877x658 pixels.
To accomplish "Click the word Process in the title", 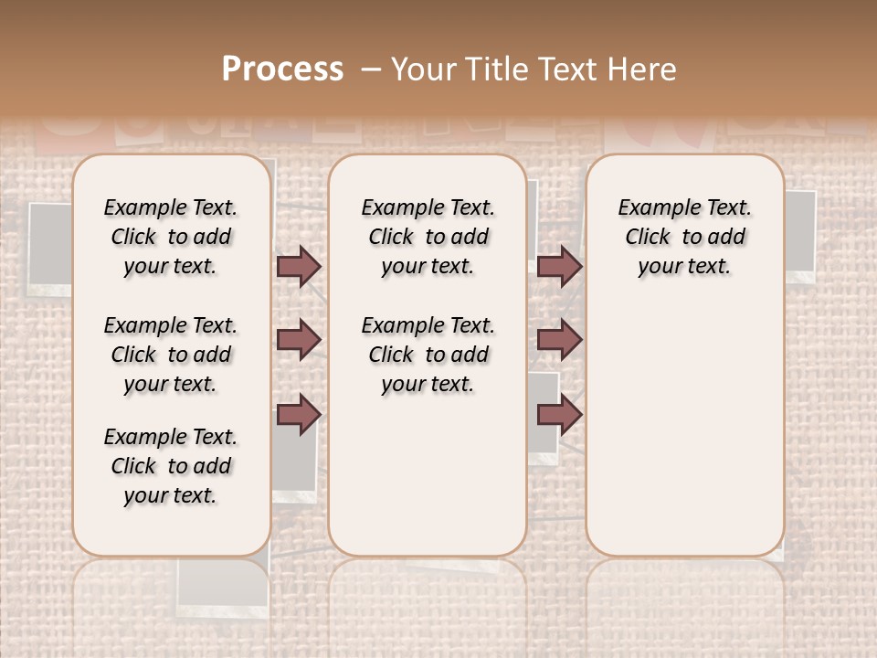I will [x=282, y=69].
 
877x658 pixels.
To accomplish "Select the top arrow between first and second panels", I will [x=299, y=266].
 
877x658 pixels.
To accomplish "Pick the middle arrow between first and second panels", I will [x=299, y=339].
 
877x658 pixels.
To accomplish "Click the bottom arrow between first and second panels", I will [x=299, y=415].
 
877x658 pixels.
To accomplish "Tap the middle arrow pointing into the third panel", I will [x=559, y=339].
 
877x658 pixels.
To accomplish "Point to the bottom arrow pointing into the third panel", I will [x=559, y=415].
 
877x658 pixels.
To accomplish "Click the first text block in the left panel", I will [x=171, y=237].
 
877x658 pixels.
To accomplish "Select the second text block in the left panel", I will [x=171, y=355].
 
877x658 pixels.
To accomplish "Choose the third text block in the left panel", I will [x=171, y=466].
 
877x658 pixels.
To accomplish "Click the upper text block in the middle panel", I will [x=428, y=237].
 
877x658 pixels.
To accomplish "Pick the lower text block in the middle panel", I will [x=428, y=355].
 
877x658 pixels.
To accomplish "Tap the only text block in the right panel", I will [x=684, y=237].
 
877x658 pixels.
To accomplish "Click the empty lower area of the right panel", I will [x=684, y=430].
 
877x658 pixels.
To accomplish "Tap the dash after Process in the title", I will [x=370, y=69].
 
